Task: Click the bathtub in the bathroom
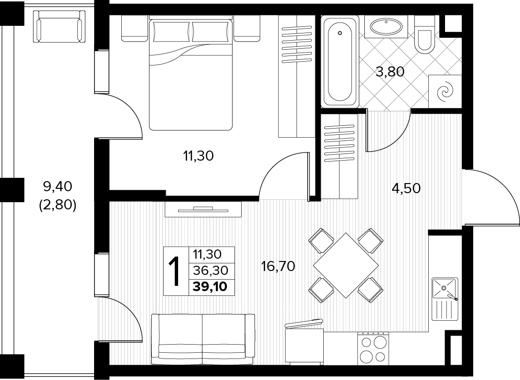point(340,61)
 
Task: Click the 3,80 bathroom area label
point(390,71)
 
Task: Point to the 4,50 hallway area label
point(406,188)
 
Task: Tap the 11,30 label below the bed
point(198,155)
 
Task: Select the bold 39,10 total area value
point(210,286)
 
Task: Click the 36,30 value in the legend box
point(211,271)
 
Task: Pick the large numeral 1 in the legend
point(174,271)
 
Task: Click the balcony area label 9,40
point(58,187)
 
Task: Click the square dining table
point(346,265)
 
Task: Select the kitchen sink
point(445,299)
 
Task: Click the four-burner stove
point(373,348)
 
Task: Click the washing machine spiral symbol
point(445,91)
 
